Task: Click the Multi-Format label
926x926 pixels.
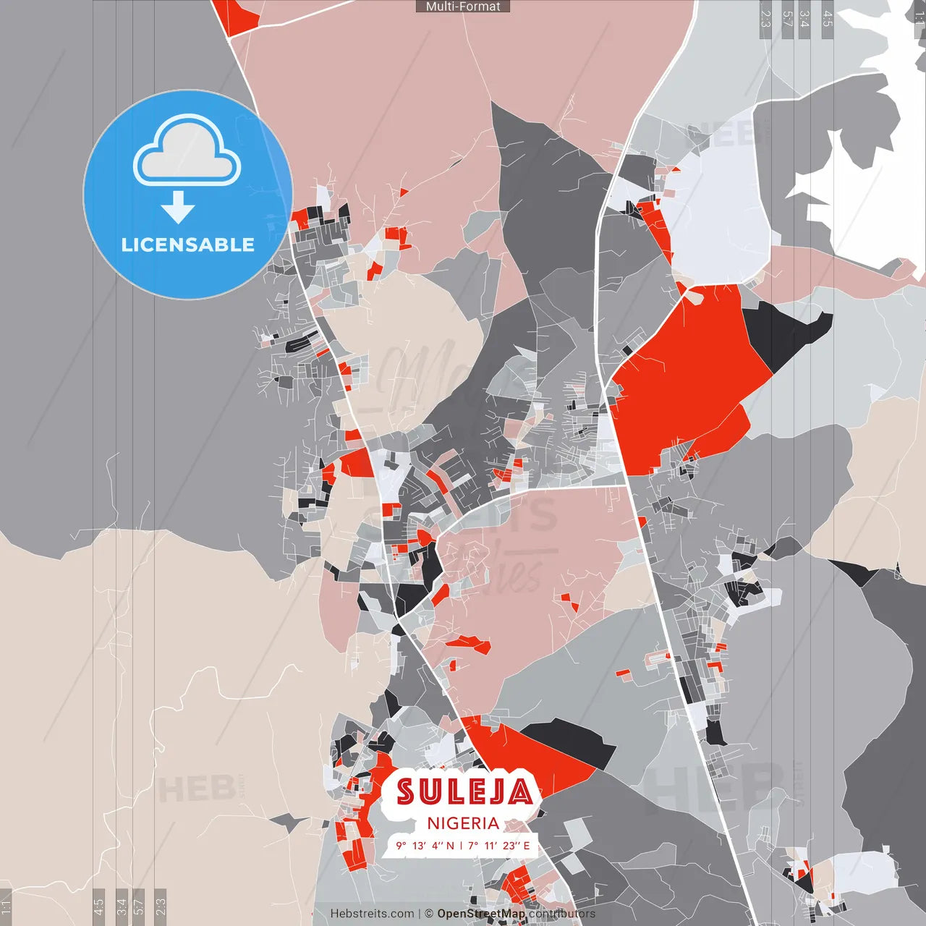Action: coord(463,7)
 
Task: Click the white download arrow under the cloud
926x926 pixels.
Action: coord(178,208)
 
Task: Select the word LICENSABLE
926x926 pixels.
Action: coord(188,245)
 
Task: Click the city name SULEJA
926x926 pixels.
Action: coord(464,791)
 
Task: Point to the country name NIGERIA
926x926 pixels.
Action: coord(463,823)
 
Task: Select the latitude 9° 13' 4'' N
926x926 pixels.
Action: coord(425,846)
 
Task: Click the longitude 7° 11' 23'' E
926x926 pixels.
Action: coord(499,846)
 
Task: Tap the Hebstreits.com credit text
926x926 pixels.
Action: coord(372,914)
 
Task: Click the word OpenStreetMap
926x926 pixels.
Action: coord(481,914)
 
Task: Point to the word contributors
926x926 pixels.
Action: coord(562,914)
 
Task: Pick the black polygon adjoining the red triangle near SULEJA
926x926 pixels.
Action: coord(572,742)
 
